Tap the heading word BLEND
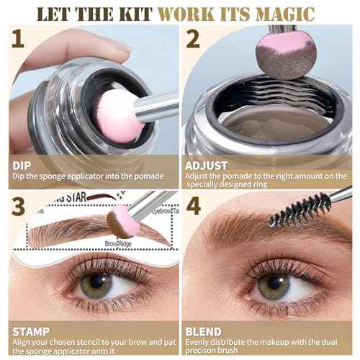click(204, 333)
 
